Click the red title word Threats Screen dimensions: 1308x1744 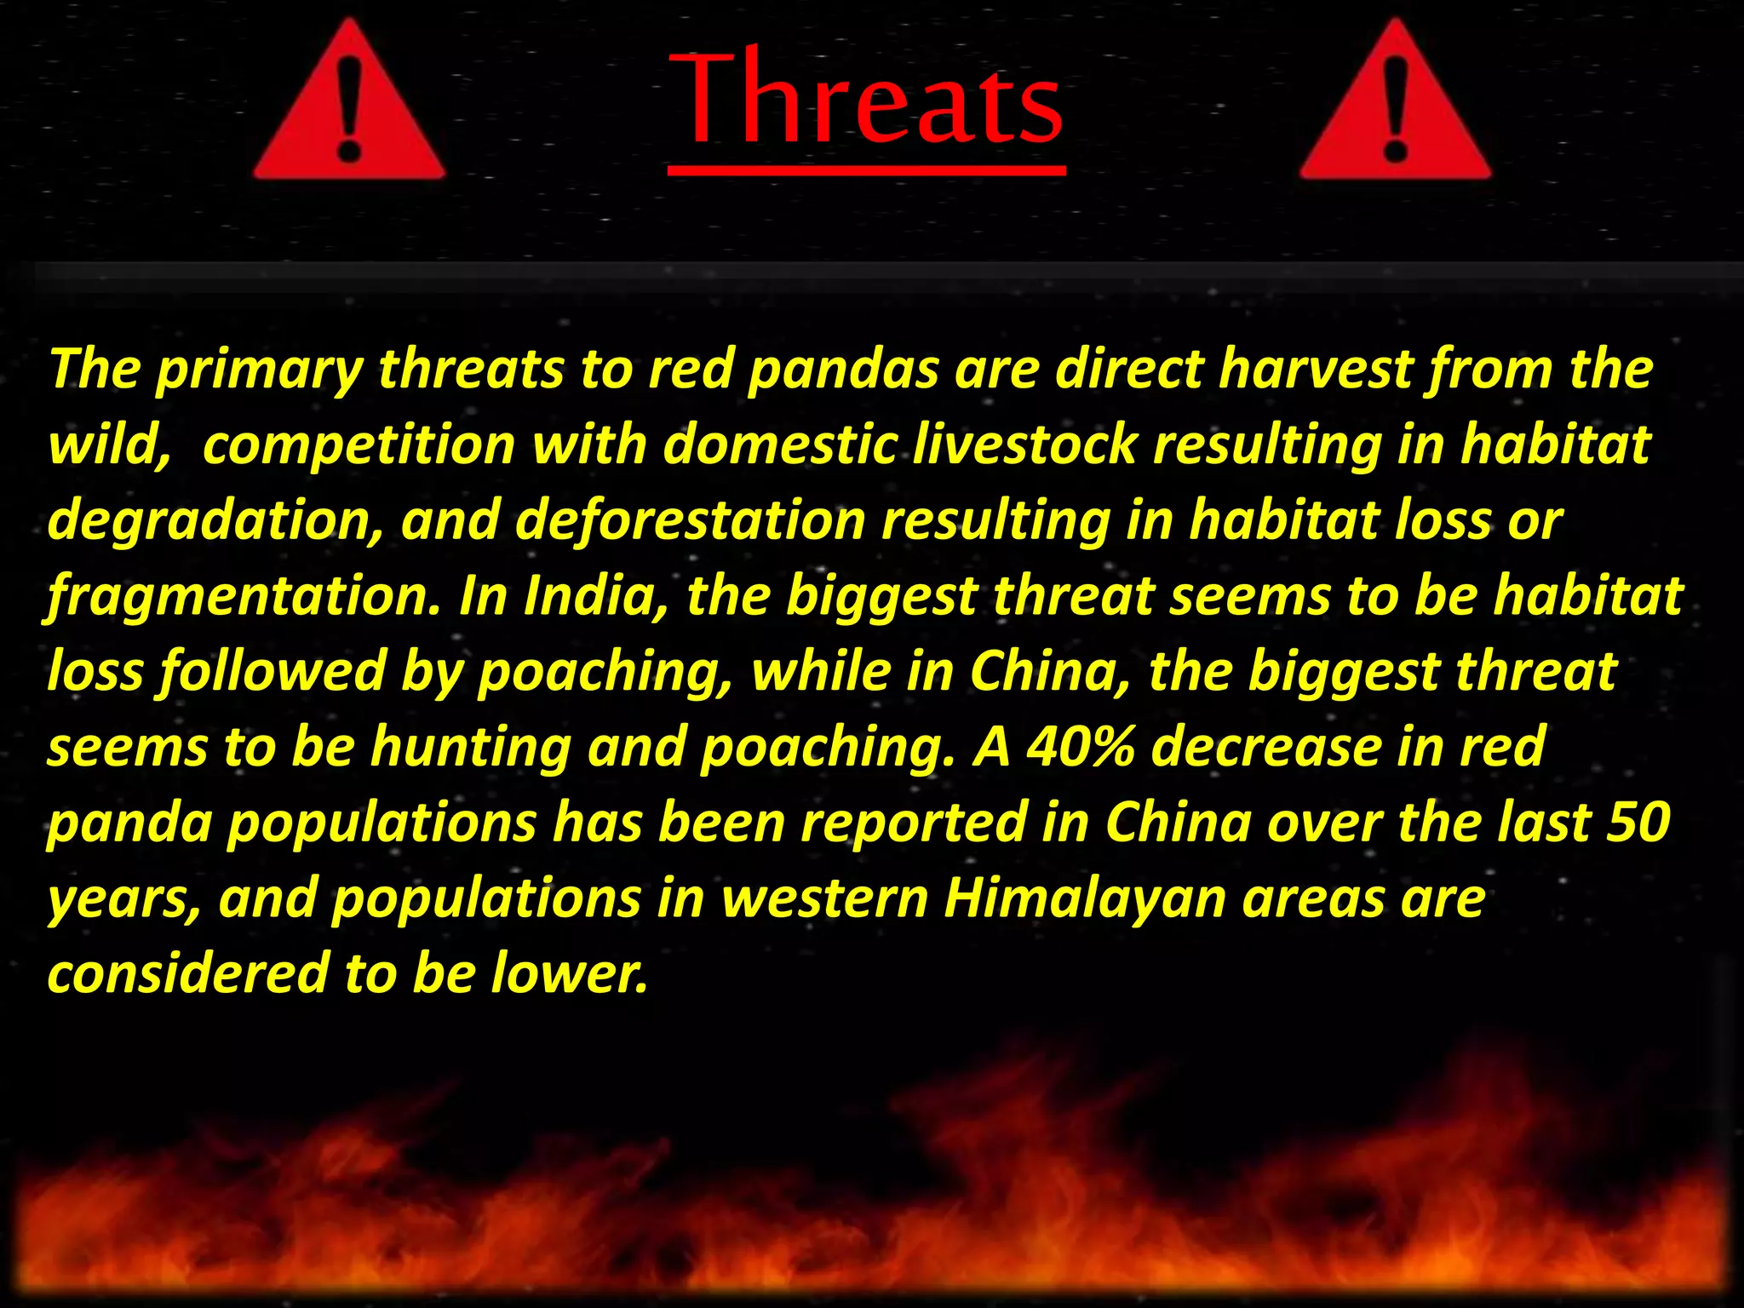867,100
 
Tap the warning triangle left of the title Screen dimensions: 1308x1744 349,106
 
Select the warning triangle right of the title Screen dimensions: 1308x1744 1395,106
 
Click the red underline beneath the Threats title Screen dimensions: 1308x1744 867,171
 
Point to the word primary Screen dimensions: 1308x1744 259,370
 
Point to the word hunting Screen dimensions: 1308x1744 470,747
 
